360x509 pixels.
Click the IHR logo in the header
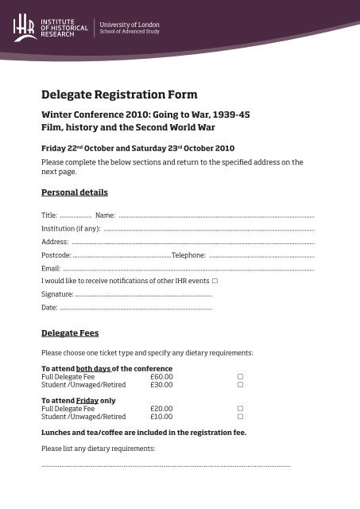23,28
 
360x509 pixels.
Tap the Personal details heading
74,192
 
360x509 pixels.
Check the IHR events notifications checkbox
215,282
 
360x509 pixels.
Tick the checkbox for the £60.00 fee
240,376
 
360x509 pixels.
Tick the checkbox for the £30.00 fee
240,384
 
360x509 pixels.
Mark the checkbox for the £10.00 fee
240,417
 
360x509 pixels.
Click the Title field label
49,216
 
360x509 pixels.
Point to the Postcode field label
56,255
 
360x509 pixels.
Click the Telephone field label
189,255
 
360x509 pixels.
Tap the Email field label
51,269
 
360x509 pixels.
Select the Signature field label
57,294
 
